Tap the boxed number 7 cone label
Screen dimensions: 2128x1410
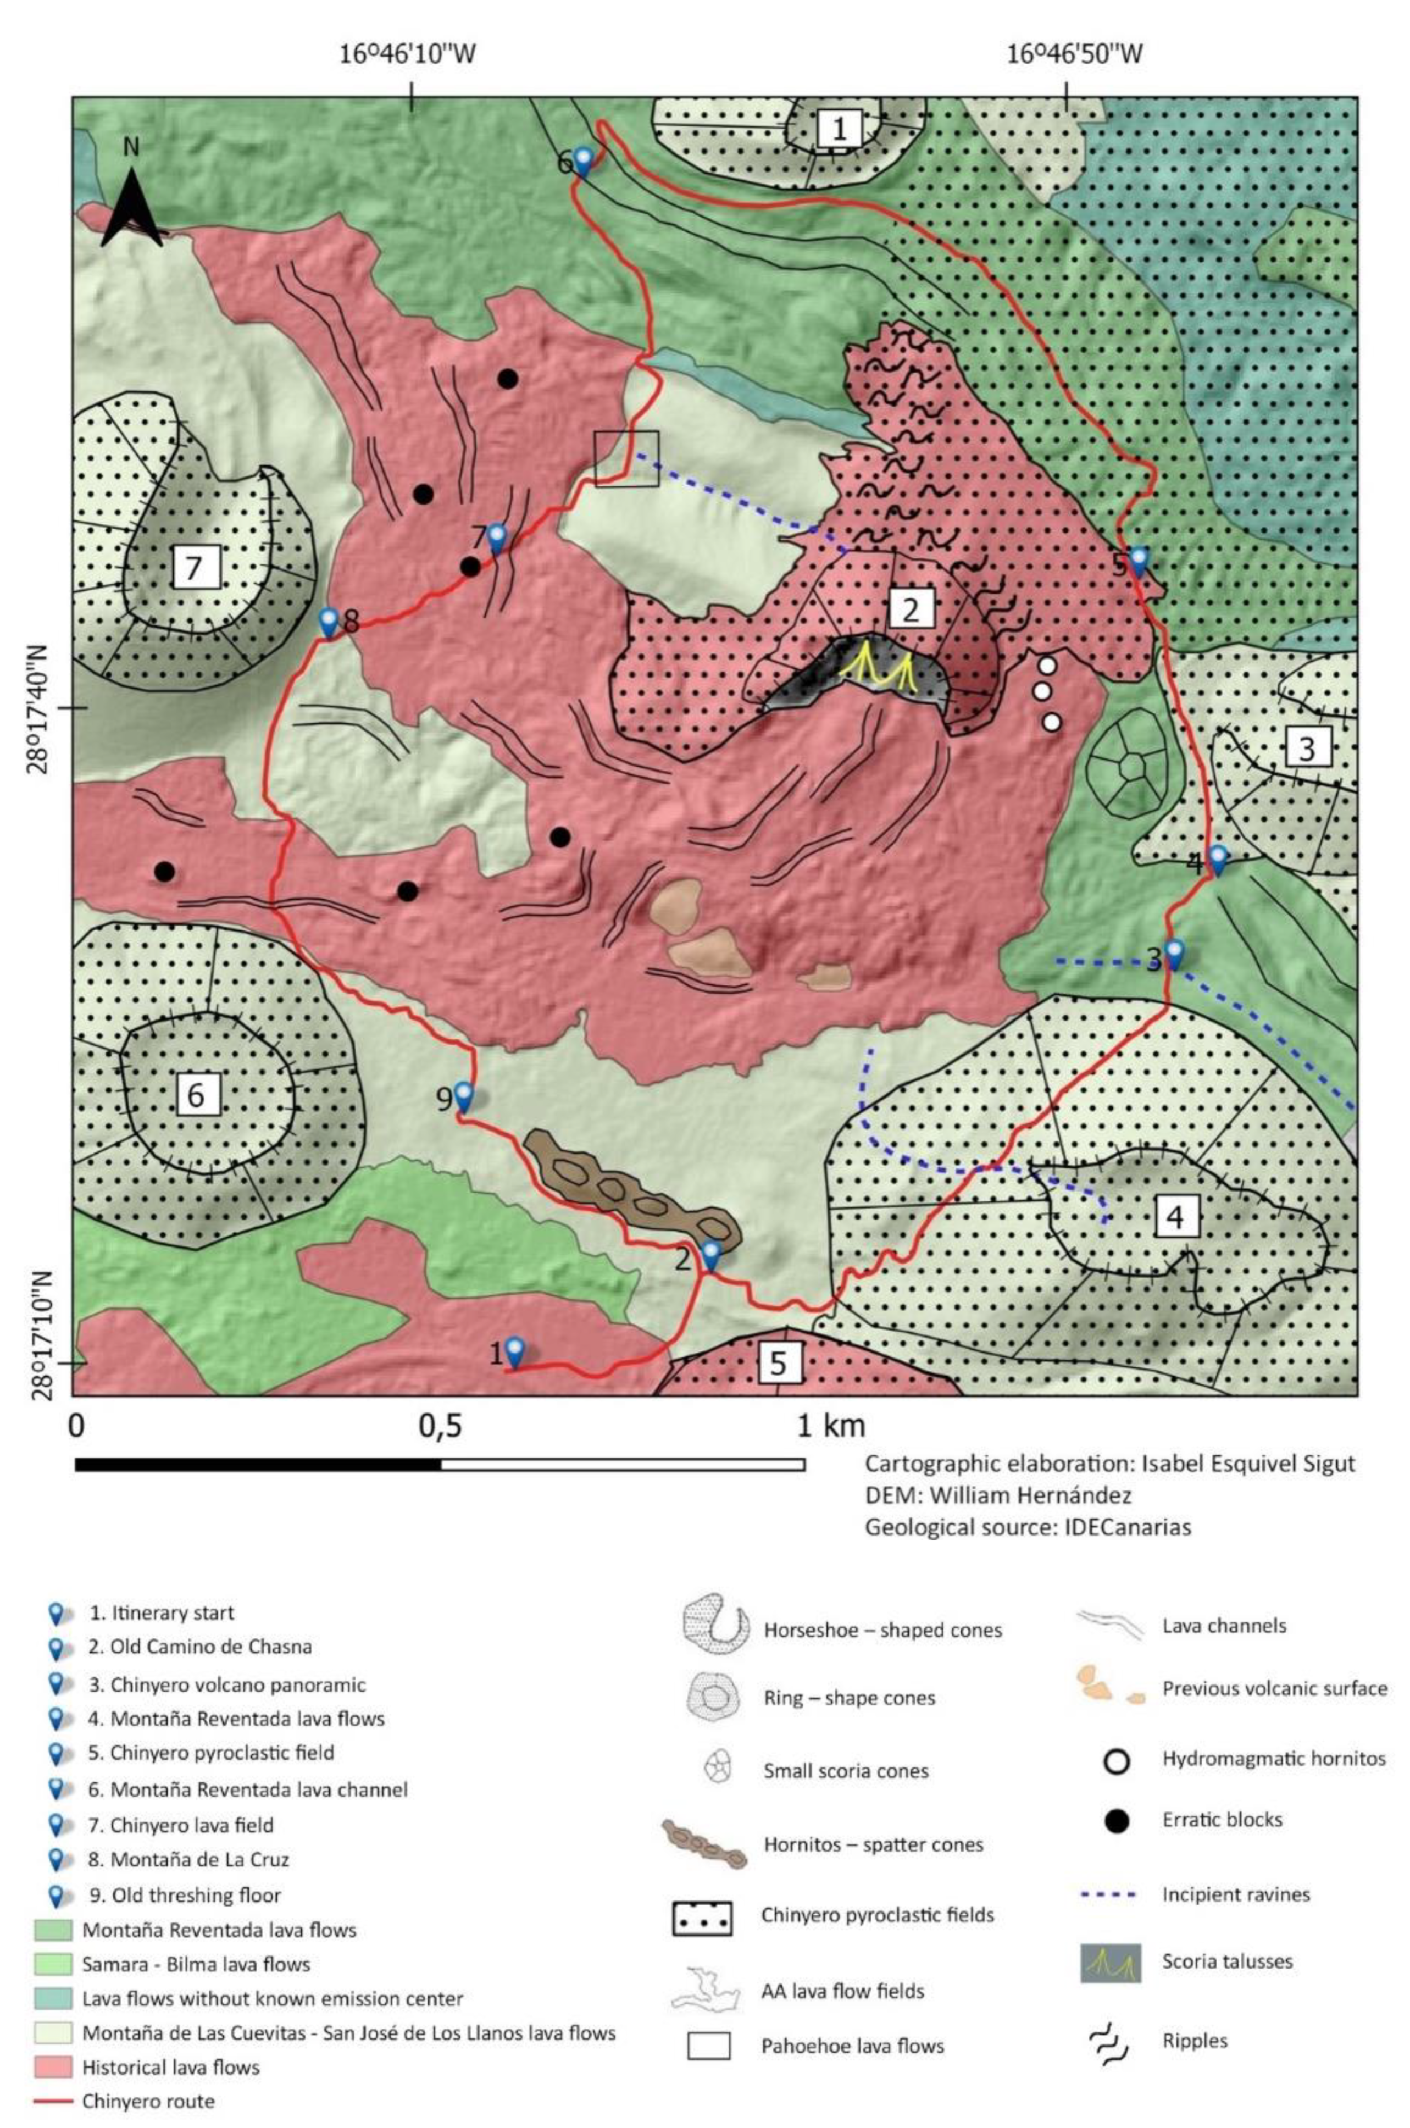pos(192,568)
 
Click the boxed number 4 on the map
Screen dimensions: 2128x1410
pos(1174,1217)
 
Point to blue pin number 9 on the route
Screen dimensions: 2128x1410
pos(463,1095)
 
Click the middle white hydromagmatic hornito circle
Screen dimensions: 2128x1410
pos(1042,691)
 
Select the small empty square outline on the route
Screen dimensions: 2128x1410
pos(627,459)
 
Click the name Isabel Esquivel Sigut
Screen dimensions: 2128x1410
pos(1247,1464)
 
